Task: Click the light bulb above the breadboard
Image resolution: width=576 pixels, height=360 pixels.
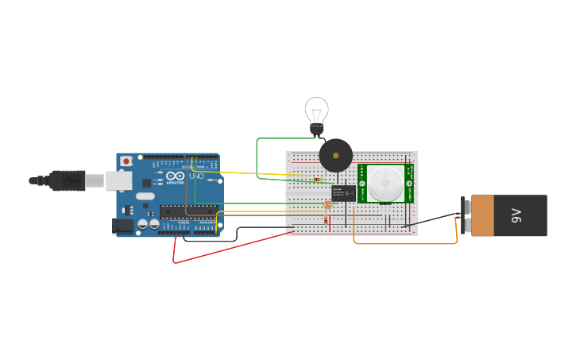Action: [x=316, y=111]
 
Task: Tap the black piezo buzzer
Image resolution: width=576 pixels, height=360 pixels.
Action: [x=335, y=156]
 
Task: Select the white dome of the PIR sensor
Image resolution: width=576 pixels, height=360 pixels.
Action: [x=385, y=184]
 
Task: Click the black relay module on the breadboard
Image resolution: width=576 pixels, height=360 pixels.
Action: [x=343, y=192]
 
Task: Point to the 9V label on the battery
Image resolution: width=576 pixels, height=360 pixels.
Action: [x=516, y=215]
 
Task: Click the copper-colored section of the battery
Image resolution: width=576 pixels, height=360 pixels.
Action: [x=482, y=215]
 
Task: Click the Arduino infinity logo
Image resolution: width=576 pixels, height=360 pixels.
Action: [x=176, y=176]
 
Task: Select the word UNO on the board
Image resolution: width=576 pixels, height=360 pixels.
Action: [x=195, y=176]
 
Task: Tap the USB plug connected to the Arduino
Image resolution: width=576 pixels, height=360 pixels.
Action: [x=68, y=180]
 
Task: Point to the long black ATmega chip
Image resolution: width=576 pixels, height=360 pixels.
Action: [x=188, y=211]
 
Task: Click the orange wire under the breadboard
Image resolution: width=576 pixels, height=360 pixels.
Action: [x=405, y=243]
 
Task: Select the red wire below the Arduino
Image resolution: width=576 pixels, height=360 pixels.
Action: [x=230, y=248]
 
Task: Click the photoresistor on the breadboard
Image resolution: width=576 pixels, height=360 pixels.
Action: [x=327, y=205]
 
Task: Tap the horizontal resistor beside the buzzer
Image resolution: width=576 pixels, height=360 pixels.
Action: [x=319, y=180]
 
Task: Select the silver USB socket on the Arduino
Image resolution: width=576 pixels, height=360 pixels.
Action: [x=118, y=180]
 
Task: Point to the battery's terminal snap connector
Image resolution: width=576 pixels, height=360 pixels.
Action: [x=463, y=215]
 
